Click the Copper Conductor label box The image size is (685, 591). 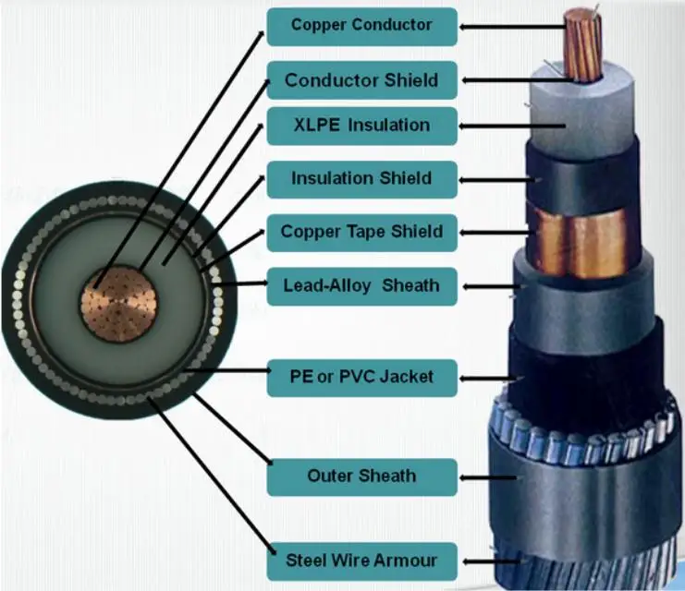pos(361,26)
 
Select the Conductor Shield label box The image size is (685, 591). pos(361,79)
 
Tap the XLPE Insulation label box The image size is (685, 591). pos(361,126)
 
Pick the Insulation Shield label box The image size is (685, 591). pos(361,178)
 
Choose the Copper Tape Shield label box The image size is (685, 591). pos(361,232)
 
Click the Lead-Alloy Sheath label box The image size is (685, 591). pos(361,286)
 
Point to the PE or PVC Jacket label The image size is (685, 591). pos(361,377)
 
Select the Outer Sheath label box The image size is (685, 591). pos(361,476)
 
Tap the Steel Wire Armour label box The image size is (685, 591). pos(361,560)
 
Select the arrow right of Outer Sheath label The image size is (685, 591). pos(490,477)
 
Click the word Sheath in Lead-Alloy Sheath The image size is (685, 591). pos(410,286)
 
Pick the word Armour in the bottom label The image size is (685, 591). pos(407,560)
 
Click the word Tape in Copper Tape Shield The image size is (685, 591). pos(375,232)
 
